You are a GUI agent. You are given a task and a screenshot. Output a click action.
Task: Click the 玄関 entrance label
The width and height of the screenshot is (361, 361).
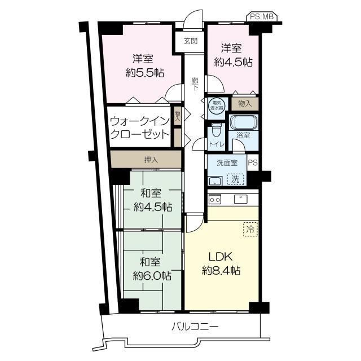[x=191, y=41]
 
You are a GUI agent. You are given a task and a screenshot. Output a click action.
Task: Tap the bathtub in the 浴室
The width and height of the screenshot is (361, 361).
[x=244, y=122]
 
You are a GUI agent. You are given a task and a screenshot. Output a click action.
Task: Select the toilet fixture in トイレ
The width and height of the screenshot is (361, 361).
[x=215, y=131]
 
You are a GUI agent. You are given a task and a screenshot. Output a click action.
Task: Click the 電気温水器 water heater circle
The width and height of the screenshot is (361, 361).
[x=216, y=106]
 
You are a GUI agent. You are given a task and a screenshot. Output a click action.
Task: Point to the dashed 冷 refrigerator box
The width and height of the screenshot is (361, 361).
[x=250, y=229]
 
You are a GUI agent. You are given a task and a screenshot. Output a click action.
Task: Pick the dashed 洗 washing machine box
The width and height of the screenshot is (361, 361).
[x=235, y=179]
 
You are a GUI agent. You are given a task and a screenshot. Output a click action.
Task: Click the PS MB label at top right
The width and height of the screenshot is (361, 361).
[x=262, y=16]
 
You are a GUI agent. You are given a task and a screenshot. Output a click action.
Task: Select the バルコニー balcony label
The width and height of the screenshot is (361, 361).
[x=195, y=327]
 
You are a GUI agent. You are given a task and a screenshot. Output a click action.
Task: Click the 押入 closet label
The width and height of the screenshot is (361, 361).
[x=151, y=160]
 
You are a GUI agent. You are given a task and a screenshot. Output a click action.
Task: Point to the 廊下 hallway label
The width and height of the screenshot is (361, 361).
[x=195, y=84]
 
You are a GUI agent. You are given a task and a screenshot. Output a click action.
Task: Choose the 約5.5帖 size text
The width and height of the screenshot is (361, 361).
[x=145, y=73]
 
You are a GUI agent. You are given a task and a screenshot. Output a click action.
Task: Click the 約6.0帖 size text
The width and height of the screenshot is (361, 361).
[x=152, y=275]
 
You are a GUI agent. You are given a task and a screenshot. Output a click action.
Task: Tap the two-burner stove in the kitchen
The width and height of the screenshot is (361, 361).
[x=214, y=199]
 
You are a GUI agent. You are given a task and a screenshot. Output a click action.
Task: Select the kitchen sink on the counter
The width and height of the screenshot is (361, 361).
[x=241, y=199]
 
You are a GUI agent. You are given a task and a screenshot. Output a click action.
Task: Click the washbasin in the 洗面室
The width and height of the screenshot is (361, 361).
[x=215, y=181]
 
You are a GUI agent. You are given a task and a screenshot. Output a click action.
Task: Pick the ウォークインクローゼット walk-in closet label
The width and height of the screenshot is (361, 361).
[x=140, y=128]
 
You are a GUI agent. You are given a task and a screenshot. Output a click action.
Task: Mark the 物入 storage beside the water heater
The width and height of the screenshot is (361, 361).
[x=245, y=104]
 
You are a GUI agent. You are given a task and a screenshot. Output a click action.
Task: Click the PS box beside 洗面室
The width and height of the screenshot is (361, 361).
[x=253, y=162]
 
